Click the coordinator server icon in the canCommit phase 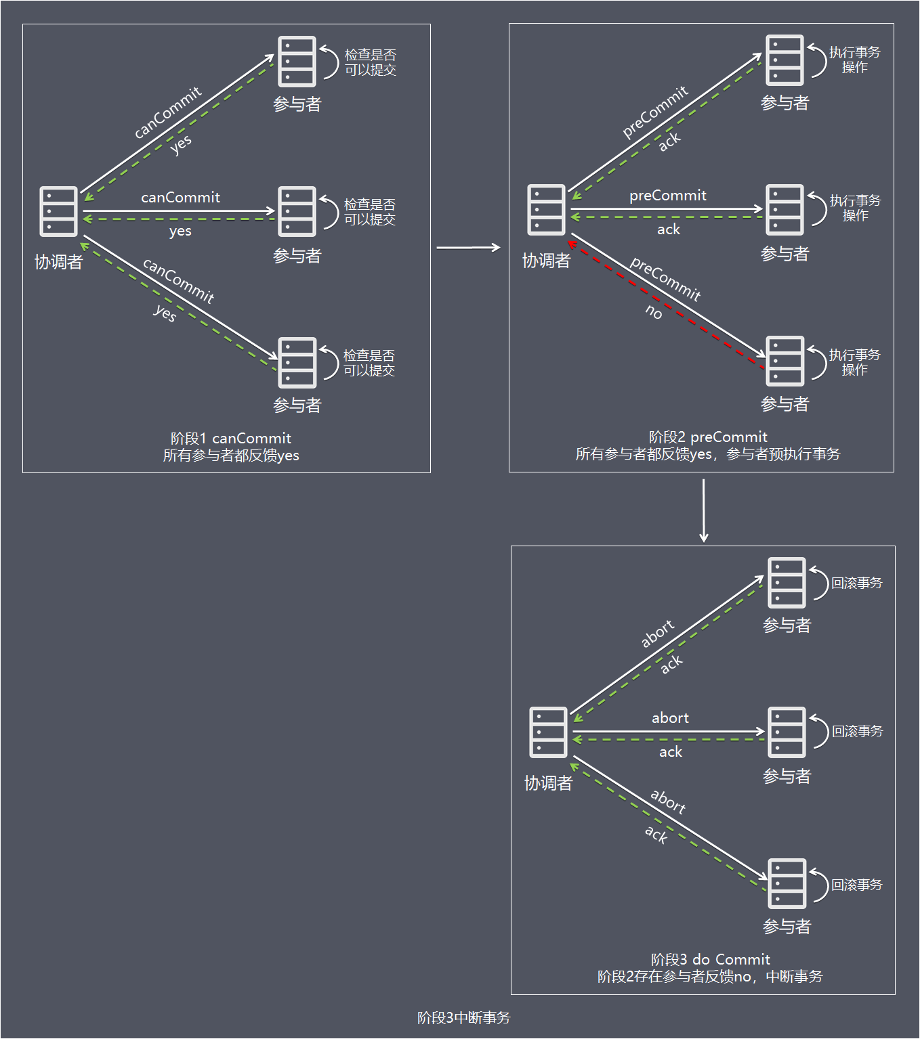58,211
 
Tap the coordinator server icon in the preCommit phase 546,210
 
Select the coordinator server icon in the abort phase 548,732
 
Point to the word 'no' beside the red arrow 654,311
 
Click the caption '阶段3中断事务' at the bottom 463,1017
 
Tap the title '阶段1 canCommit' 231,438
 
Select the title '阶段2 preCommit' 708,437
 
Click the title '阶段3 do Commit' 710,959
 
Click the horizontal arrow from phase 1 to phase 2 468,248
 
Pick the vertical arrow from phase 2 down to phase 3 704,510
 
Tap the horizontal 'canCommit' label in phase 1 180,198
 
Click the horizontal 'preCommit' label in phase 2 668,196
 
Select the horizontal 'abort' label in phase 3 670,718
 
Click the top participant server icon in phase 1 297,62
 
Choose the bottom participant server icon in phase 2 785,361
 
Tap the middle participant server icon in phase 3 787,732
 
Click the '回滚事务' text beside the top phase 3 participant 857,583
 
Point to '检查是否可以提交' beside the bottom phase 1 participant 369,363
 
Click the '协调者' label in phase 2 546,261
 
